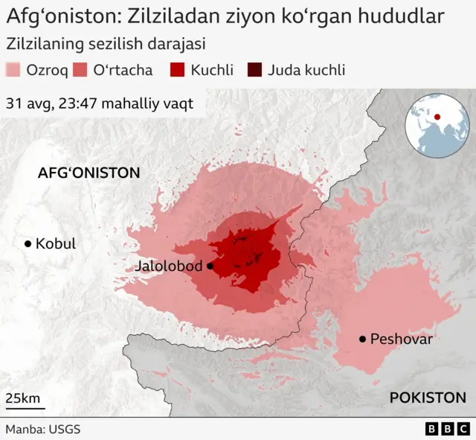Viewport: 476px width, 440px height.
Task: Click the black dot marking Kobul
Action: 28,243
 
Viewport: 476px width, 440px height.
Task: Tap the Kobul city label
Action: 56,243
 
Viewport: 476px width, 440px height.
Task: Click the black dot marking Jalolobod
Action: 210,266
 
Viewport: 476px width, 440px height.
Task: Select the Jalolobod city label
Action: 170,266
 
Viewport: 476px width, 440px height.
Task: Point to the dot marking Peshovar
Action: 362,339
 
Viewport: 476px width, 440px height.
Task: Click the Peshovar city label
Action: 401,339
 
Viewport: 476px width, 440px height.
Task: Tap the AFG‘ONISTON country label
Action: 89,173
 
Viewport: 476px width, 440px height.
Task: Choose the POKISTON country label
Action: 428,398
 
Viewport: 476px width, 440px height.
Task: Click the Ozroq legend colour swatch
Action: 13,71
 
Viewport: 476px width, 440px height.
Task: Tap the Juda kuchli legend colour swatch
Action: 254,71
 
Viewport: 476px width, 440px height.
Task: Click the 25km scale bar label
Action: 23,398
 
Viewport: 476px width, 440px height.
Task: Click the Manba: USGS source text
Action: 42,430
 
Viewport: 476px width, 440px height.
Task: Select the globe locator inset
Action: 437,126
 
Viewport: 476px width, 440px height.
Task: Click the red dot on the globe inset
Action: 437,116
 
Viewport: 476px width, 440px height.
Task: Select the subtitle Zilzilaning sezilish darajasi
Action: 106,44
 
